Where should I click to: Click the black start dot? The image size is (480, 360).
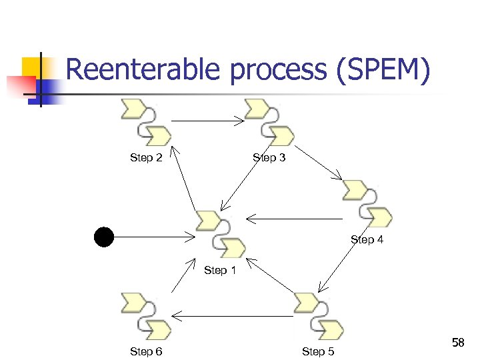coord(104,237)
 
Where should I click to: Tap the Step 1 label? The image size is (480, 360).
coord(219,270)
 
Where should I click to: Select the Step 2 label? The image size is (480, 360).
coord(146,158)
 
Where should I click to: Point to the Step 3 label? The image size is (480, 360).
coord(269,158)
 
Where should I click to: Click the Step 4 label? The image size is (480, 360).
coord(367,239)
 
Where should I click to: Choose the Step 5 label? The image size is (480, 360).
coord(318,351)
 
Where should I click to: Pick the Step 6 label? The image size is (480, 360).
coord(146,351)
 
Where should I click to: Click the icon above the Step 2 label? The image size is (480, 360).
coord(146,123)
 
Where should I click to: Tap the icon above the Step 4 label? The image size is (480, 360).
coord(367,203)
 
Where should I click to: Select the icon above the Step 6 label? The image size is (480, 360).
coord(146,316)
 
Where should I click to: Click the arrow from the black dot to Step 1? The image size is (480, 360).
coord(154,237)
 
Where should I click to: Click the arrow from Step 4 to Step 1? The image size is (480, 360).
coord(294,218)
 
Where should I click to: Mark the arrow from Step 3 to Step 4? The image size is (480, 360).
coord(318,163)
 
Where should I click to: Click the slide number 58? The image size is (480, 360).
coord(458,343)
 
